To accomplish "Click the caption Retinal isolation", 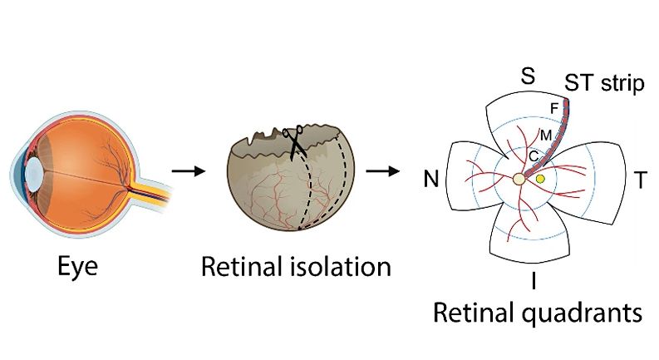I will [x=296, y=268].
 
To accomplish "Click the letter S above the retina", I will [x=527, y=76].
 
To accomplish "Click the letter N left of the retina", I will [x=430, y=180].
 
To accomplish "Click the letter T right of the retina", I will [x=640, y=179].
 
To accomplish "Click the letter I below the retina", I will [x=533, y=281].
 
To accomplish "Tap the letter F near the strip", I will [x=554, y=108].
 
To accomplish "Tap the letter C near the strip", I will [x=534, y=154].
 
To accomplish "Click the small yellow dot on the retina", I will [x=541, y=179].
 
